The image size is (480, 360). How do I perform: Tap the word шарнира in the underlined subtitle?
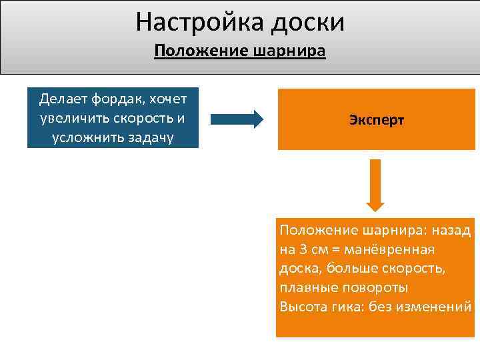pos(289,52)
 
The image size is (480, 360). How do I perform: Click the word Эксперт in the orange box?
pos(376,121)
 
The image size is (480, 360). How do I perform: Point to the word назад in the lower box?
pos(450,231)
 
